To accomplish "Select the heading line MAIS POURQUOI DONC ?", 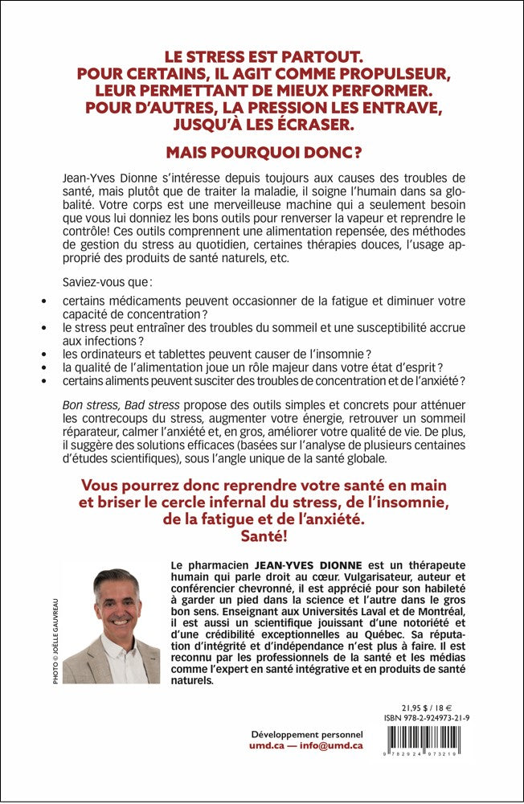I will (x=262, y=152).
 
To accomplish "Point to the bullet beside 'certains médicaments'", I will (x=44, y=301).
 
